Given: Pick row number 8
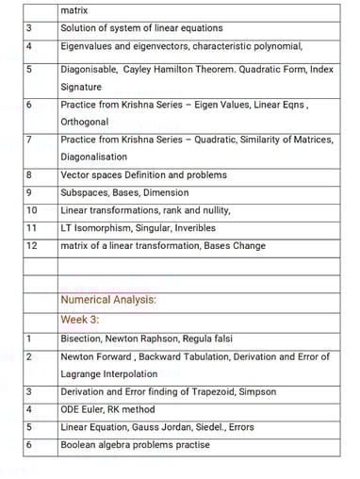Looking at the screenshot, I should pos(30,174).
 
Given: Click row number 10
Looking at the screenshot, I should pos(32,210).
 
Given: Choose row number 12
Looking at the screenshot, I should pos(32,246).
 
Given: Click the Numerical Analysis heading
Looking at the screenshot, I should pos(107,301).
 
